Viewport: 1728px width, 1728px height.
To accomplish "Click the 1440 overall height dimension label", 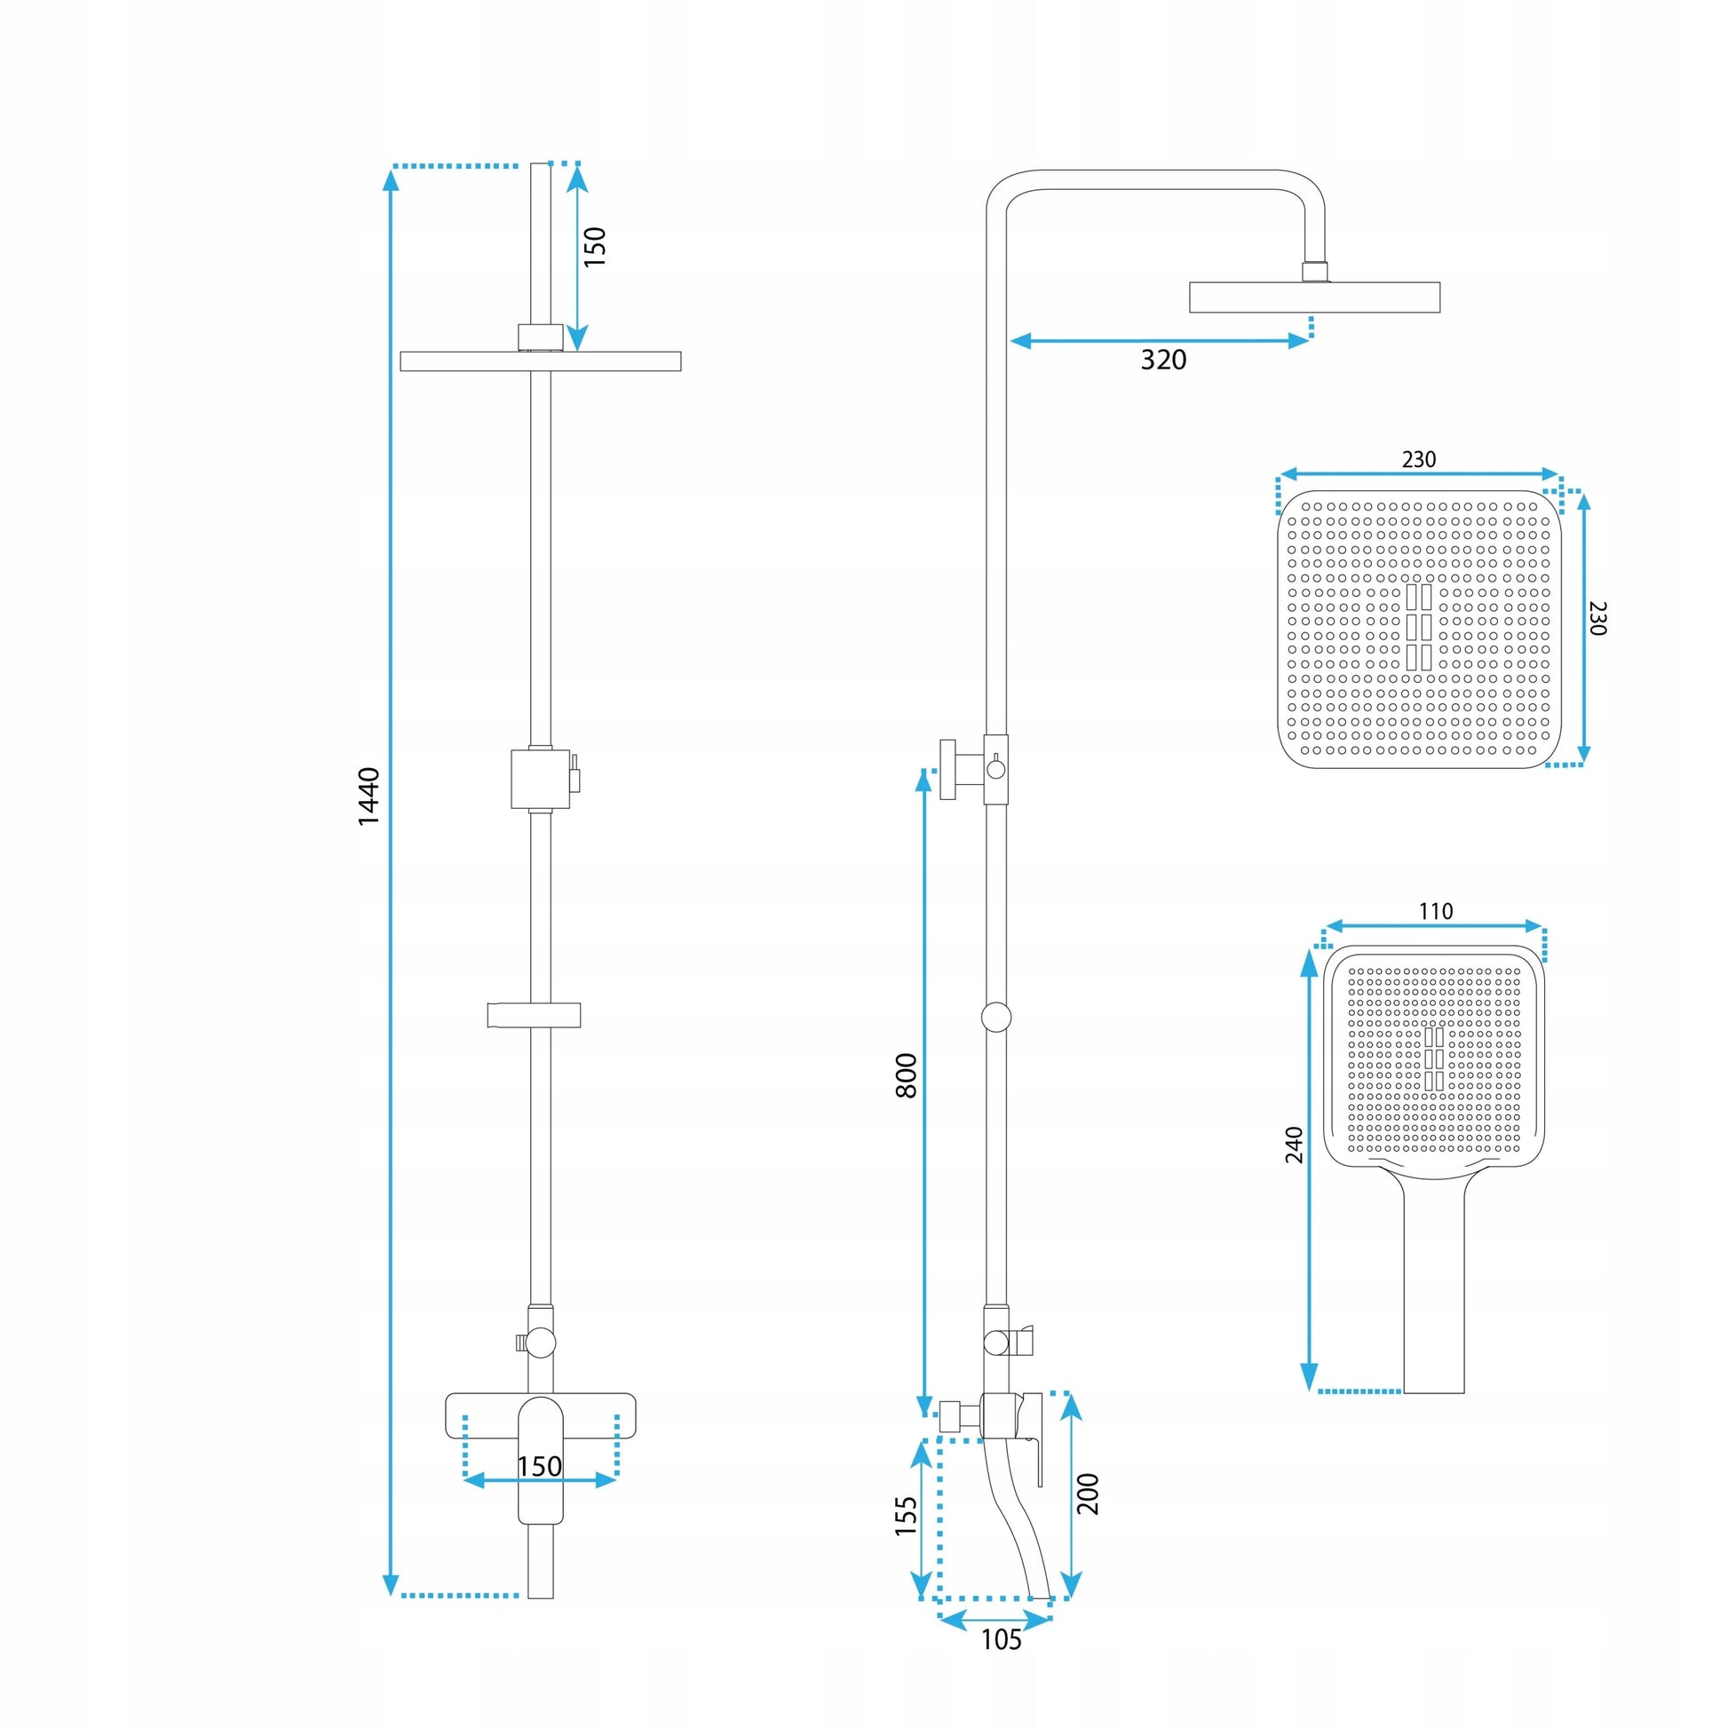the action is (369, 796).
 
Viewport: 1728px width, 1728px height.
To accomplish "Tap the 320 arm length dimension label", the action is (1163, 360).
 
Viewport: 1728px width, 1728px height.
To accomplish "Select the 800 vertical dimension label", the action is (906, 1076).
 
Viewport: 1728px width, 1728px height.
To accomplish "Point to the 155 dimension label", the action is (906, 1516).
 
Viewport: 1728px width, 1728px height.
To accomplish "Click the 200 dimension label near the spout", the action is (1088, 1493).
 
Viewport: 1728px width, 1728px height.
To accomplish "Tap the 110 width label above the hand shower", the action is (1436, 911).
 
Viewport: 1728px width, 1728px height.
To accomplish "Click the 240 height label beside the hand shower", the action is (1294, 1145).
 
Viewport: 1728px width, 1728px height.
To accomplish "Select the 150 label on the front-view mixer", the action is (539, 1466).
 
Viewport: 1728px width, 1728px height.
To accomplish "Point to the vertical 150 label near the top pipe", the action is (595, 247).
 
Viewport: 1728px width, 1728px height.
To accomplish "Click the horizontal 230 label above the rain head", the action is (1418, 459).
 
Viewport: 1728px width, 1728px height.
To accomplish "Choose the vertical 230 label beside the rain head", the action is (1597, 618).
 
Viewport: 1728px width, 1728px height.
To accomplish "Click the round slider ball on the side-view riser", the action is (996, 1017).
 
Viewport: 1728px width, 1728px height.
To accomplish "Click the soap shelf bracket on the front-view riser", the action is (534, 1014).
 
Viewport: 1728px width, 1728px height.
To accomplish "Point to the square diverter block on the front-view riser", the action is (540, 778).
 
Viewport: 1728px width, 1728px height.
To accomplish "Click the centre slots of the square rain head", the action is (1418, 627).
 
